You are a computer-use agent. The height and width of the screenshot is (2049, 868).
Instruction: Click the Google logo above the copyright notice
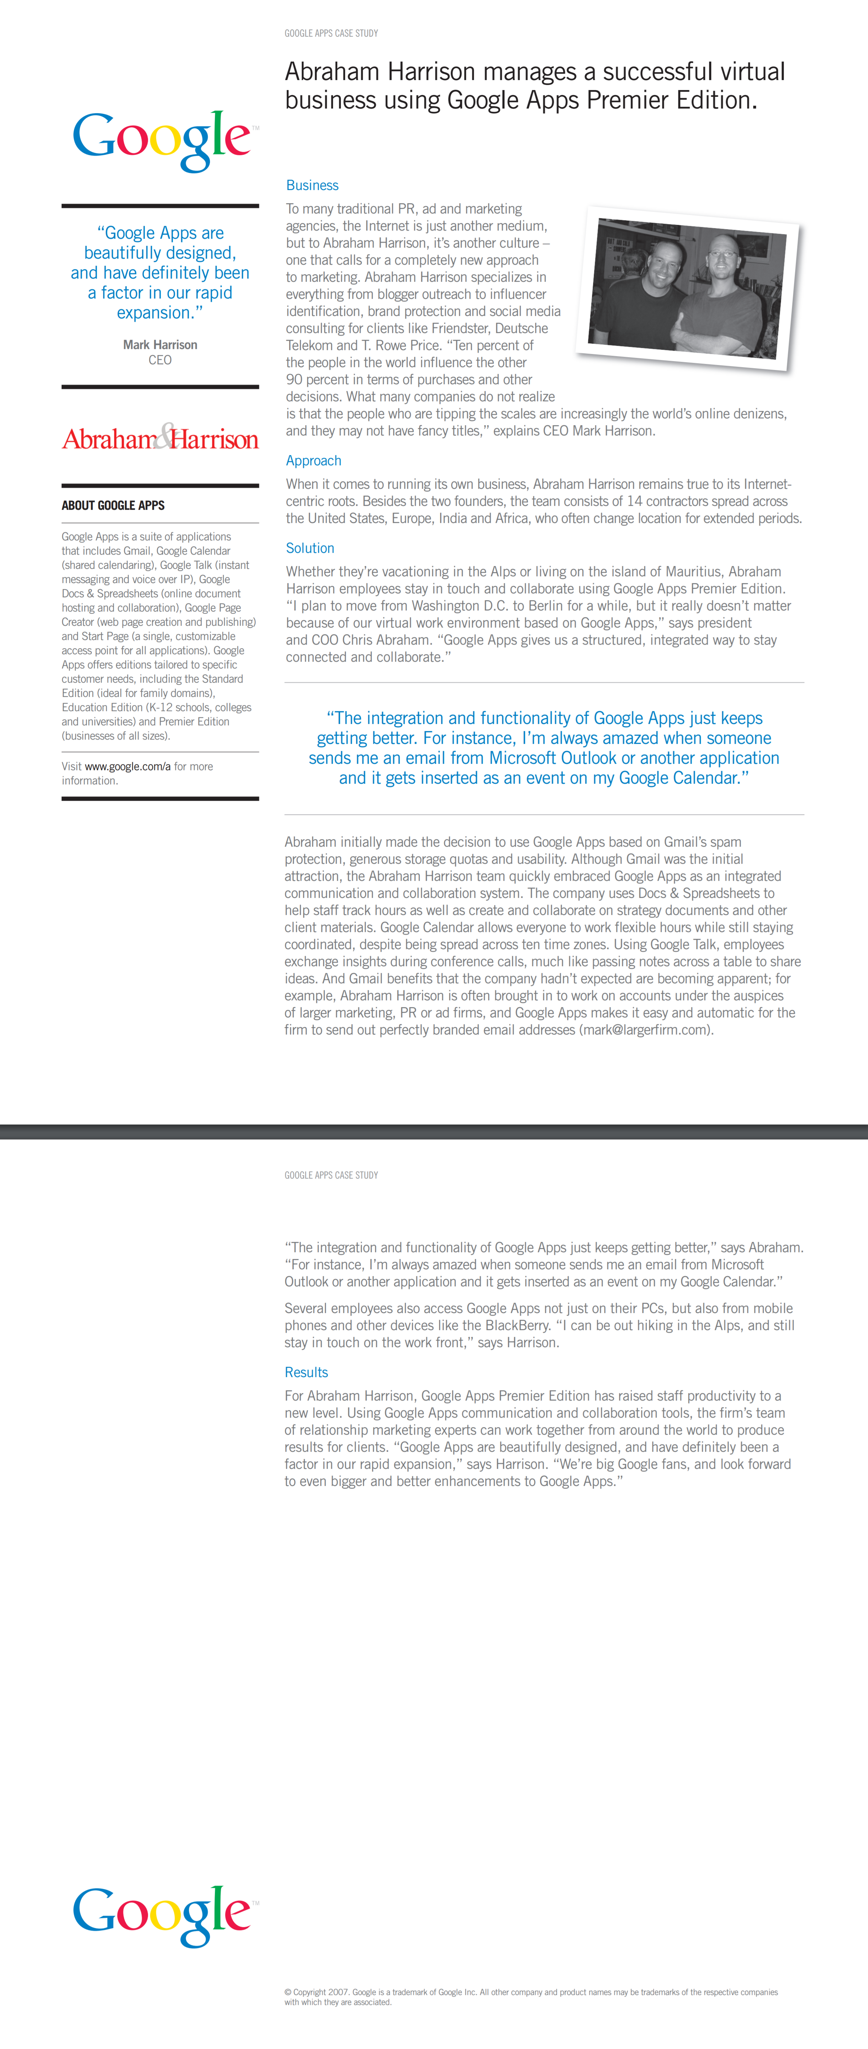(x=162, y=1915)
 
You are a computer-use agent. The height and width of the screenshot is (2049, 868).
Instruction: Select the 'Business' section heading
(x=312, y=185)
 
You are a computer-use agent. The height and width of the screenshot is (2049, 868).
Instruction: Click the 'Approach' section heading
(x=313, y=461)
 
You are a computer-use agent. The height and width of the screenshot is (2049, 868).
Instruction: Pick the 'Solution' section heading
(x=309, y=548)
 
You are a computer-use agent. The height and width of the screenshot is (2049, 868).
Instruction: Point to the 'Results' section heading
(x=306, y=1372)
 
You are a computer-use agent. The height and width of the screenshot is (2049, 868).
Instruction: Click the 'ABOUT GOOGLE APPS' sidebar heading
(x=113, y=505)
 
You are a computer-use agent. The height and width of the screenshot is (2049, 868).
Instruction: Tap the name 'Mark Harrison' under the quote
(x=160, y=344)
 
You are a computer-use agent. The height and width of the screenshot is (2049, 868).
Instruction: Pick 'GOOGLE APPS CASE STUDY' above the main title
(x=331, y=33)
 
